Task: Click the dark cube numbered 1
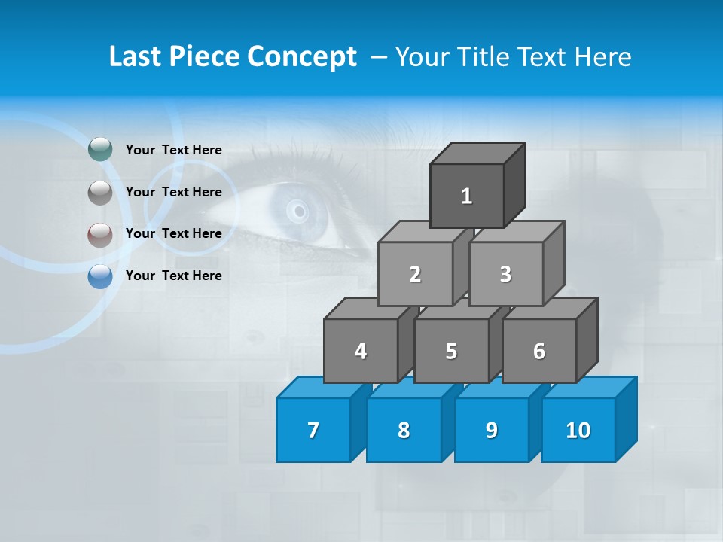pyautogui.click(x=467, y=196)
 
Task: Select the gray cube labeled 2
pyautogui.click(x=415, y=274)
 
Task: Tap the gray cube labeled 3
pyautogui.click(x=505, y=274)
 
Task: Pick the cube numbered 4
pyautogui.click(x=361, y=351)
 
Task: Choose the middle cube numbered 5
pyautogui.click(x=451, y=351)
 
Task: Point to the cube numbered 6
pyautogui.click(x=539, y=351)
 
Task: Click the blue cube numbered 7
pyautogui.click(x=313, y=430)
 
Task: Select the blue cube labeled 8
pyautogui.click(x=404, y=430)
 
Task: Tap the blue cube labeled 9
pyautogui.click(x=492, y=430)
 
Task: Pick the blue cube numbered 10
pyautogui.click(x=578, y=430)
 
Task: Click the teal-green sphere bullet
pyautogui.click(x=100, y=150)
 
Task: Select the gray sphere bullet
pyautogui.click(x=100, y=193)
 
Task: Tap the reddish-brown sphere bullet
pyautogui.click(x=100, y=235)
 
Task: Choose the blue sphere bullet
pyautogui.click(x=100, y=277)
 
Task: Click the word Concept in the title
pyautogui.click(x=302, y=56)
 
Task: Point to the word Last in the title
pyautogui.click(x=136, y=56)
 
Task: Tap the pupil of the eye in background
pyautogui.click(x=298, y=209)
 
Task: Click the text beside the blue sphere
pyautogui.click(x=174, y=276)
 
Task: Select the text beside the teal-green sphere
pyautogui.click(x=174, y=150)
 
